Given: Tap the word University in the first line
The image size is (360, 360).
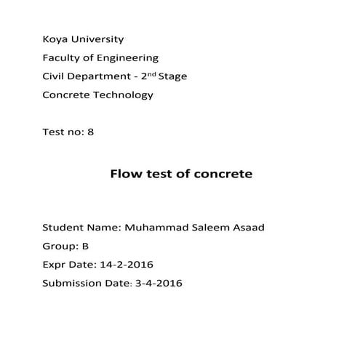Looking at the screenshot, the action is click(x=97, y=39).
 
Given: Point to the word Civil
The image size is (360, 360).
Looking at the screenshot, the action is click(x=55, y=76).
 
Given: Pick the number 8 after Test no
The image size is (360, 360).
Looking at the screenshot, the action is click(x=90, y=132).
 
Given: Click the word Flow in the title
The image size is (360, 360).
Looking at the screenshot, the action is click(x=124, y=174).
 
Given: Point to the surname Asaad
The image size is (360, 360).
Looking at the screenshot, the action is click(x=249, y=227).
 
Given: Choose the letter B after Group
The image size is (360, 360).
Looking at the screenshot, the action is click(x=85, y=246).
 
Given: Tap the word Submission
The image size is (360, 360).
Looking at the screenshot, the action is click(x=73, y=283).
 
